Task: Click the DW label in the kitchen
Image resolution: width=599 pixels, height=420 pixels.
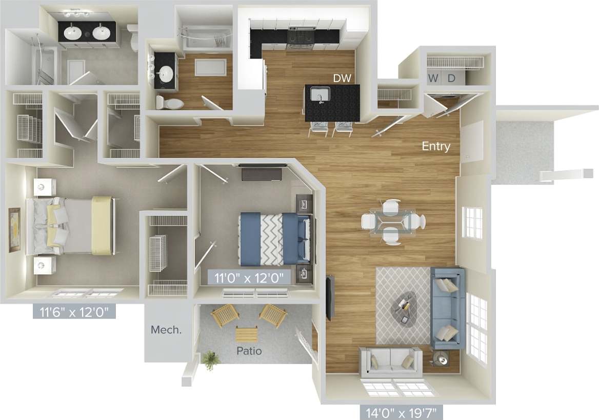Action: (x=342, y=78)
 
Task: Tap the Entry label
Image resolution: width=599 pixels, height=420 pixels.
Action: (x=436, y=147)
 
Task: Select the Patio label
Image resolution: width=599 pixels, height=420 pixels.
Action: (x=249, y=351)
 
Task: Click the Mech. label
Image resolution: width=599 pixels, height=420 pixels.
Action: (x=166, y=330)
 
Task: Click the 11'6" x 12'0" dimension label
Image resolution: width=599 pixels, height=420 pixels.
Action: (x=74, y=311)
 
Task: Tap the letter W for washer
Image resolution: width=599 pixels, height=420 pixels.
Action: (x=434, y=78)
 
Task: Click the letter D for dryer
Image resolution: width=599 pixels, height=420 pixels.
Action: (x=451, y=78)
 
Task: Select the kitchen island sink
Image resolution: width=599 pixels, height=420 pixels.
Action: (x=322, y=95)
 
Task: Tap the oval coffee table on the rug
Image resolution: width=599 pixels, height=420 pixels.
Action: (x=405, y=307)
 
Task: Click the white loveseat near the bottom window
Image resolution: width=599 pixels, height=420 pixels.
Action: (x=390, y=359)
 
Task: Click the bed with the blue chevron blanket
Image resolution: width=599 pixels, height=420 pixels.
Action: (x=274, y=237)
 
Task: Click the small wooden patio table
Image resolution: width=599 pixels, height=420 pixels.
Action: (x=247, y=335)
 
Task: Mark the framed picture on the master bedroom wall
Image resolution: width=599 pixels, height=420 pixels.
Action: (x=14, y=229)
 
